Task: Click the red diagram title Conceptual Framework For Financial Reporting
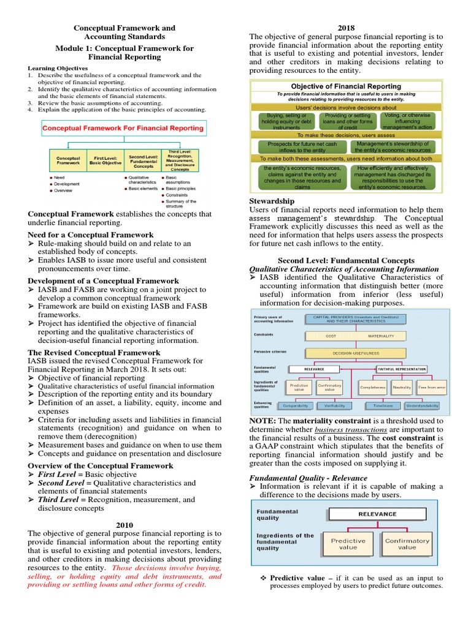click(123, 128)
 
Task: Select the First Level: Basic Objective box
click(105, 160)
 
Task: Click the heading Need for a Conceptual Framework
click(91, 235)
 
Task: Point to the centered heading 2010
click(125, 524)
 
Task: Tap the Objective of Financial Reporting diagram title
click(346, 86)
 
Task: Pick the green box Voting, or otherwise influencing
click(408, 120)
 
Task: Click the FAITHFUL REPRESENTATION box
click(402, 369)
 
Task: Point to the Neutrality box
click(402, 388)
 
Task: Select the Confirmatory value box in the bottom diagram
click(407, 544)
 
